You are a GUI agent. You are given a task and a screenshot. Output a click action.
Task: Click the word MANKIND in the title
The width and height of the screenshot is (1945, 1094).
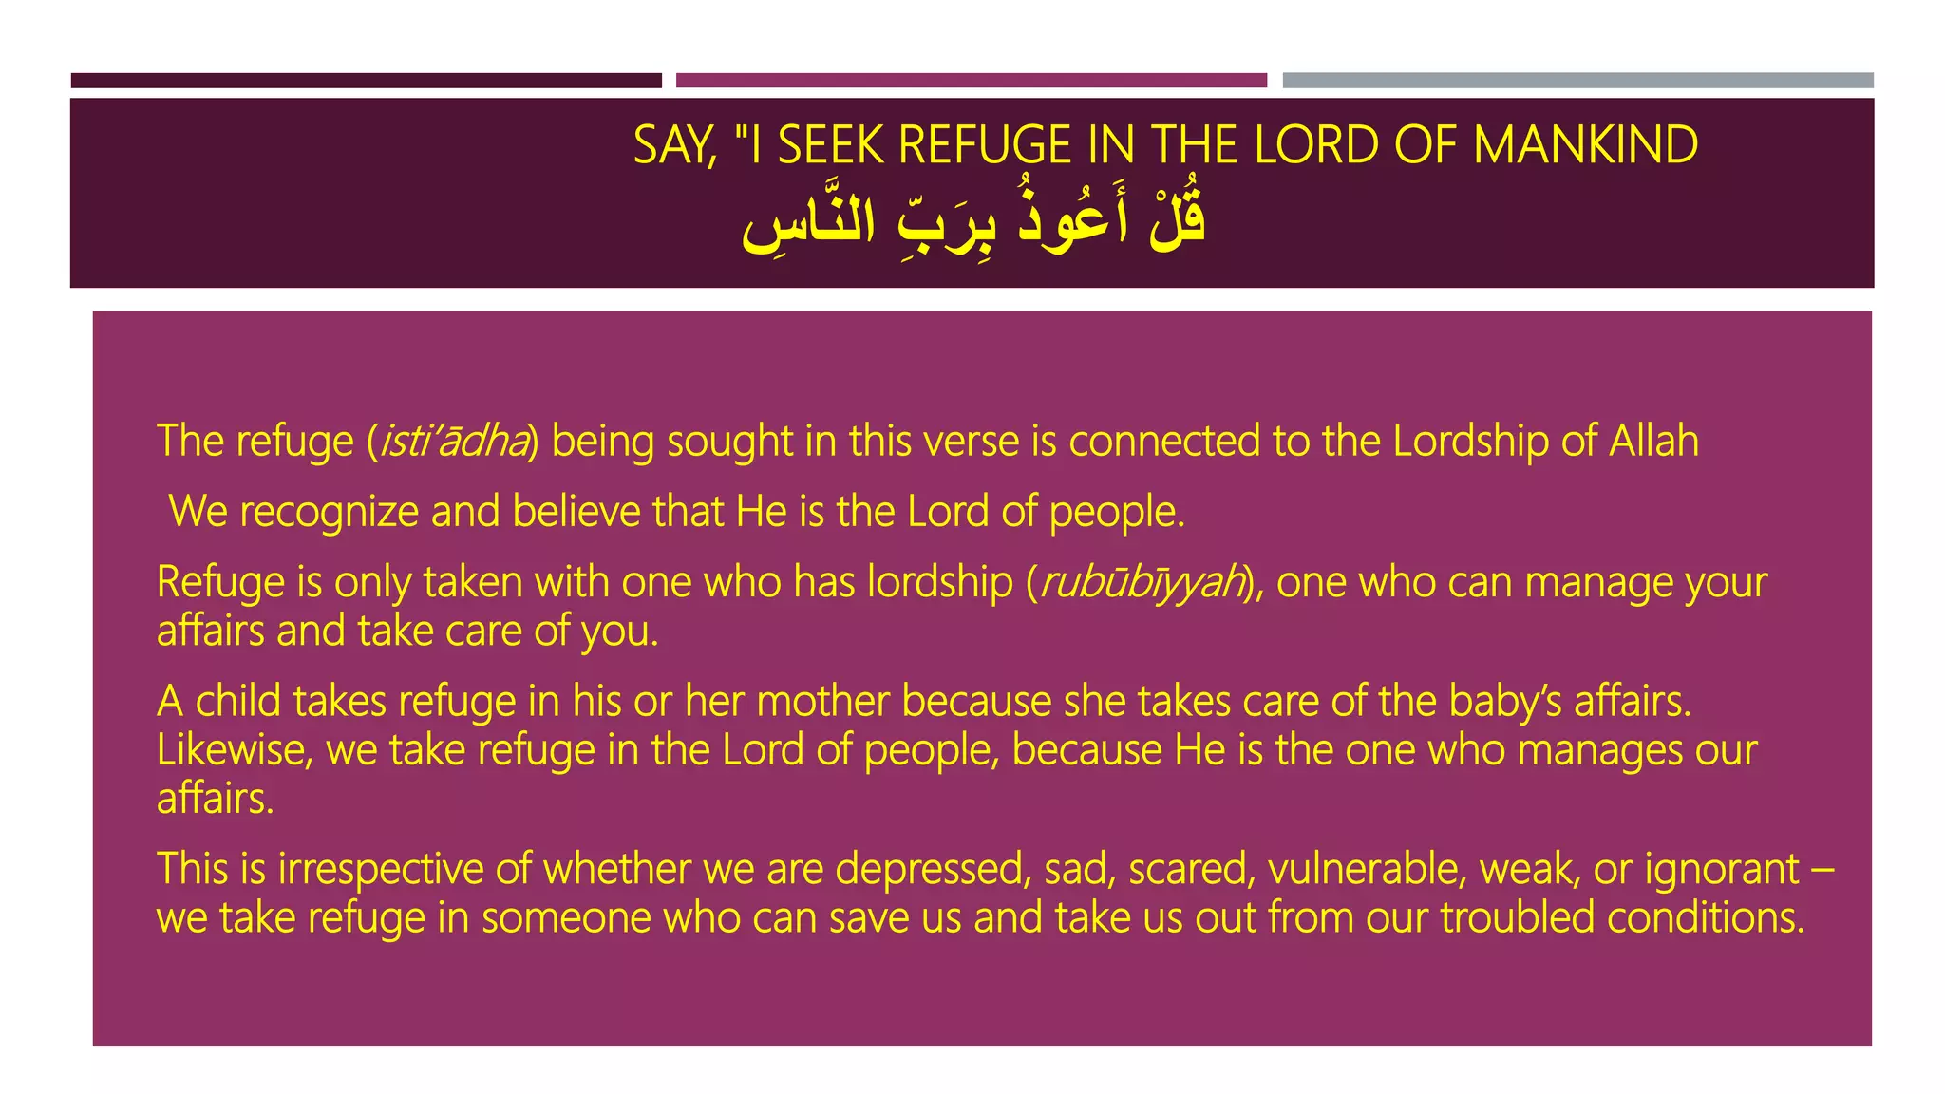[1585, 145]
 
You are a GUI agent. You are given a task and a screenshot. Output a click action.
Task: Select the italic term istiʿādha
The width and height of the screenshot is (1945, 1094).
[454, 442]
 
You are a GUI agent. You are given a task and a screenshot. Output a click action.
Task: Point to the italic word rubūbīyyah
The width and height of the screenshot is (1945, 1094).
[1142, 582]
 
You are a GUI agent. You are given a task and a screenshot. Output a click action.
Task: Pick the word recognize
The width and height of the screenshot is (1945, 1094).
[329, 512]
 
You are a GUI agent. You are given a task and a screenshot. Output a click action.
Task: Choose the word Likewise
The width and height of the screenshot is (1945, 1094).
[234, 750]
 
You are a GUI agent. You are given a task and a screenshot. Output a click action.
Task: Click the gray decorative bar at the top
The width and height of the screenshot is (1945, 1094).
[1577, 81]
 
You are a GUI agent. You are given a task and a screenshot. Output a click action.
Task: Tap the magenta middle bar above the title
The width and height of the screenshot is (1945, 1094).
[971, 81]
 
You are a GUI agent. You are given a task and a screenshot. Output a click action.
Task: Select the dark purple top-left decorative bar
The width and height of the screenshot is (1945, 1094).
[366, 81]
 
